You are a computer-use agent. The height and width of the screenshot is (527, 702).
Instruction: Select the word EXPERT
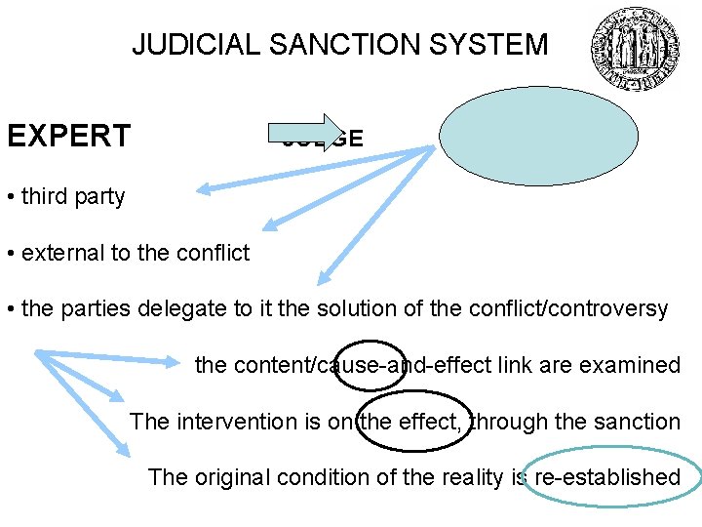point(68,136)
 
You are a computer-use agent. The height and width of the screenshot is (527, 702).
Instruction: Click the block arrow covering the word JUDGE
point(311,136)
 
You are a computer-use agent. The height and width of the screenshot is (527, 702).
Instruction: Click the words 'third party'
point(73,196)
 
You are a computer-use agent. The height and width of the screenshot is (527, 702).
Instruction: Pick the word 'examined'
point(636,365)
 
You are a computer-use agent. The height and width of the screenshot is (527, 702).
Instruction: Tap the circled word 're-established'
point(607,477)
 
